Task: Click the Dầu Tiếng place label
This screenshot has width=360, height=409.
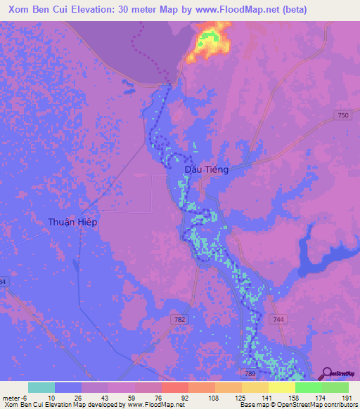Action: (x=207, y=169)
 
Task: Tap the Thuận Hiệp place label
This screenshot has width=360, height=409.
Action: (x=72, y=221)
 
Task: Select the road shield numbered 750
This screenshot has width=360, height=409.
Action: (x=342, y=115)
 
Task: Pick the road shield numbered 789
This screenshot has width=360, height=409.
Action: (x=250, y=375)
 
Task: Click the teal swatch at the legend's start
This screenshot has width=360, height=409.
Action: (x=41, y=387)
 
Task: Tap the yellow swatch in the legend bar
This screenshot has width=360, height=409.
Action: (x=281, y=387)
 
